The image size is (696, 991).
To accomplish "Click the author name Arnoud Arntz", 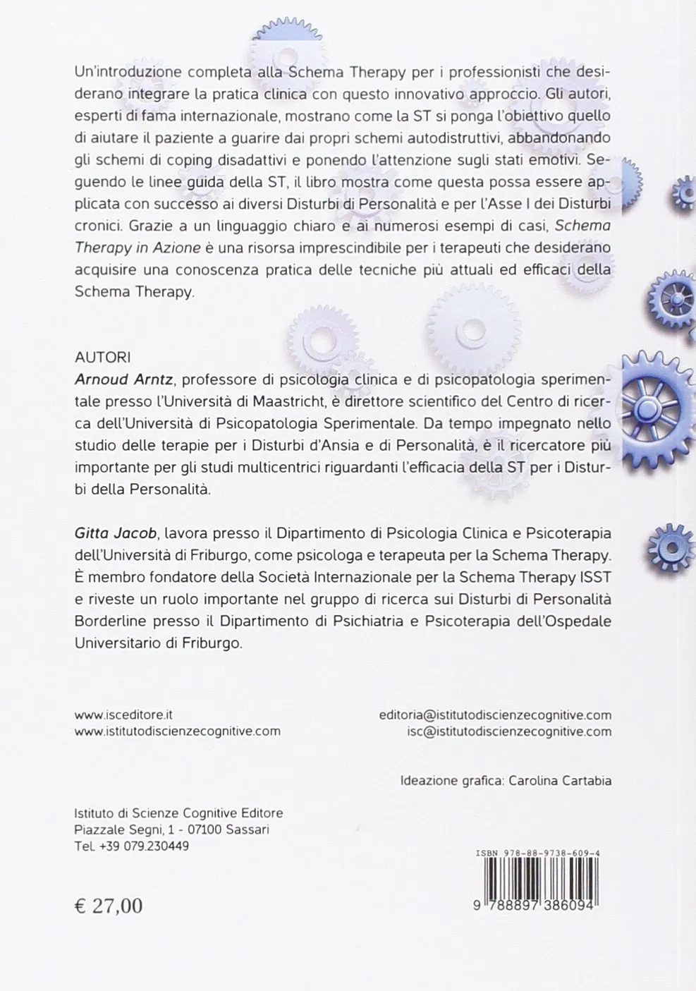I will pos(124,380).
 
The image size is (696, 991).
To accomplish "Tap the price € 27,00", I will pos(109,906).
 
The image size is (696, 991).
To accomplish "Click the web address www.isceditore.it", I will pos(123,714).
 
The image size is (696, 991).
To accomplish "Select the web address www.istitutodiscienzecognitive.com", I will pos(178,731).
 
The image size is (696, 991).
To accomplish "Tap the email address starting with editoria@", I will pos(495,715).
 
